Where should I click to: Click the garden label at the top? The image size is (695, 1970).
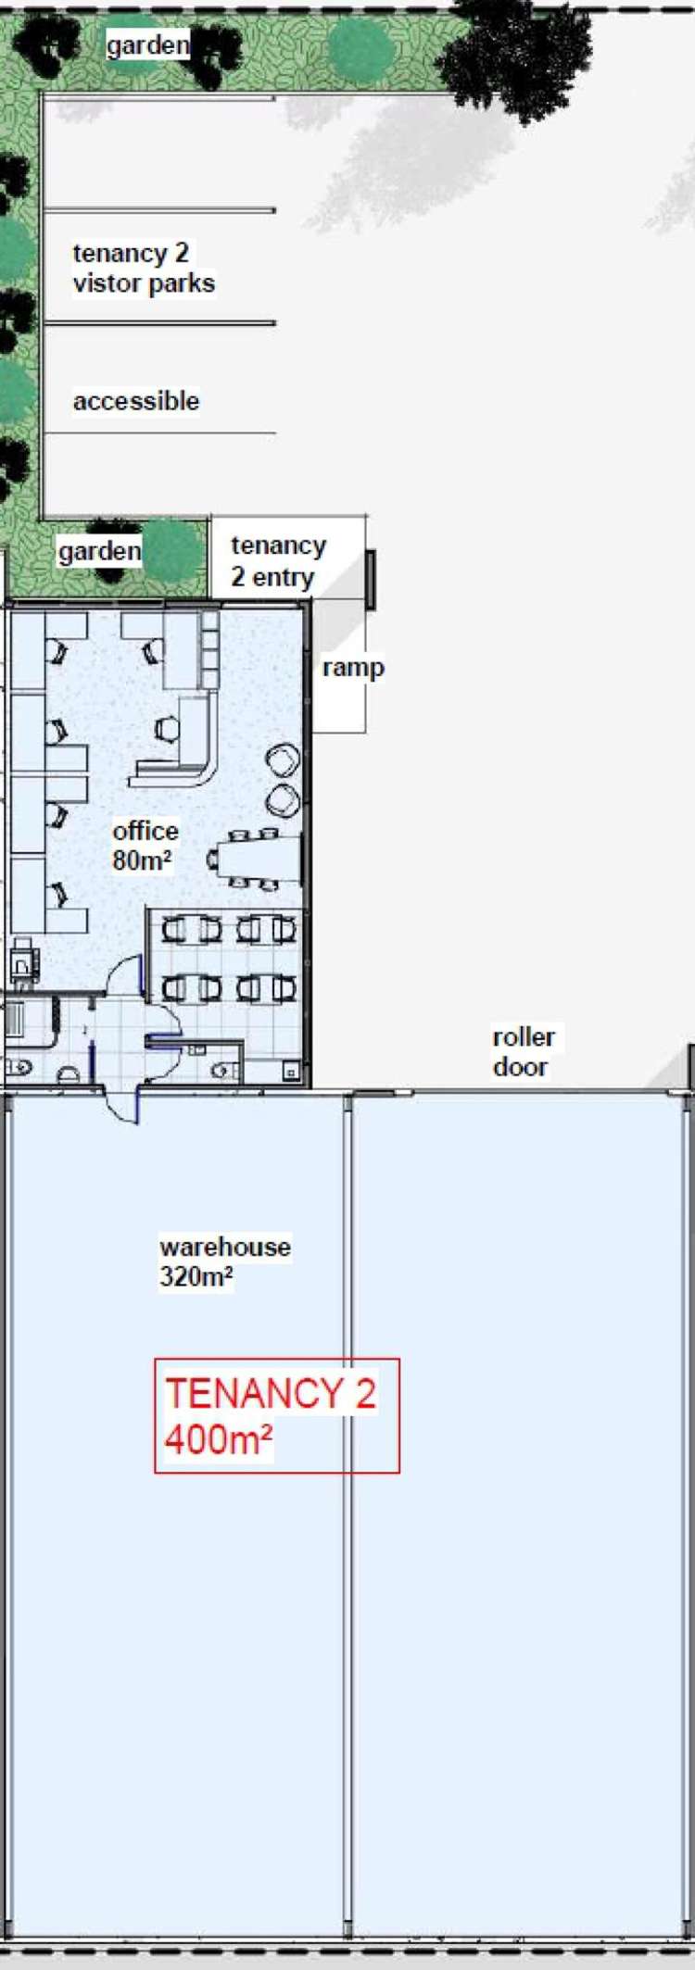148,44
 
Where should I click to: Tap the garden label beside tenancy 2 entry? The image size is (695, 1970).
99,551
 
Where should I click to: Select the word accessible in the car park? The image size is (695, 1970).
136,401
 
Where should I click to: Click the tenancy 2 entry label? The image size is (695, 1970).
279,561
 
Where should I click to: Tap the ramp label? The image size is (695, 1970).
353,668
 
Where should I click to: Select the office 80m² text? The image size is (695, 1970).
145,846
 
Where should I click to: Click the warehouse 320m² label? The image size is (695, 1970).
225,1261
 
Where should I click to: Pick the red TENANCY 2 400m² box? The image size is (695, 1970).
277,1415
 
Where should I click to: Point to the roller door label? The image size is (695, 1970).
524,1051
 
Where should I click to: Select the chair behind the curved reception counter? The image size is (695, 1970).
167,730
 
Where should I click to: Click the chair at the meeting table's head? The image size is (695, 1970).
213,860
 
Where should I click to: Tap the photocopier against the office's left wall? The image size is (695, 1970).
23,959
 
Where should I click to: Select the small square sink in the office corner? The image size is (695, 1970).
291,1073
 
